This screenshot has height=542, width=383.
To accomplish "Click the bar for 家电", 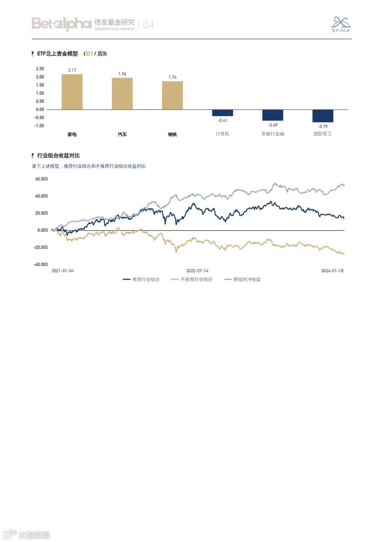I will [x=72, y=92].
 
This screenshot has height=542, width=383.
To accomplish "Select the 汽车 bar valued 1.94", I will [x=122, y=94].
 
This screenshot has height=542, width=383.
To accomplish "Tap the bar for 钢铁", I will [x=172, y=95].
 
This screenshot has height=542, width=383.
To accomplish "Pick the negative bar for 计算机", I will [x=223, y=113].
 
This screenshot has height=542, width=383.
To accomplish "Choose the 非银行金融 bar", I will [x=273, y=115].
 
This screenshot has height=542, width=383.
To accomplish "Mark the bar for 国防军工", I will [x=323, y=116].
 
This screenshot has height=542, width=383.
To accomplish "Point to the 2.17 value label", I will [x=72, y=70].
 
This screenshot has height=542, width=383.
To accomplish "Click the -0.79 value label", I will [x=323, y=127].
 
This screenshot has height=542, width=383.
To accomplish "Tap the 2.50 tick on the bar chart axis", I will [x=40, y=69].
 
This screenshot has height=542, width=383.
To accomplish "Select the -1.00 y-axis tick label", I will [x=39, y=126].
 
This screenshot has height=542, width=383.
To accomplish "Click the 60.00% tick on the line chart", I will [x=41, y=179].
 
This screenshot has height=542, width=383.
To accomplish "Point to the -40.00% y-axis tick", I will [x=41, y=265].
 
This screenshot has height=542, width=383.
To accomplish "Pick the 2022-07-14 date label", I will [x=198, y=271].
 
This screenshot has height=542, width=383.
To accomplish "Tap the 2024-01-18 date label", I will [x=332, y=271].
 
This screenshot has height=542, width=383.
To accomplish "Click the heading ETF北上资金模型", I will [x=57, y=54].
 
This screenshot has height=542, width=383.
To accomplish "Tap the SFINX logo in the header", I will [x=341, y=24].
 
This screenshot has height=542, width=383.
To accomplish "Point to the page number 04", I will [x=148, y=25].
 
